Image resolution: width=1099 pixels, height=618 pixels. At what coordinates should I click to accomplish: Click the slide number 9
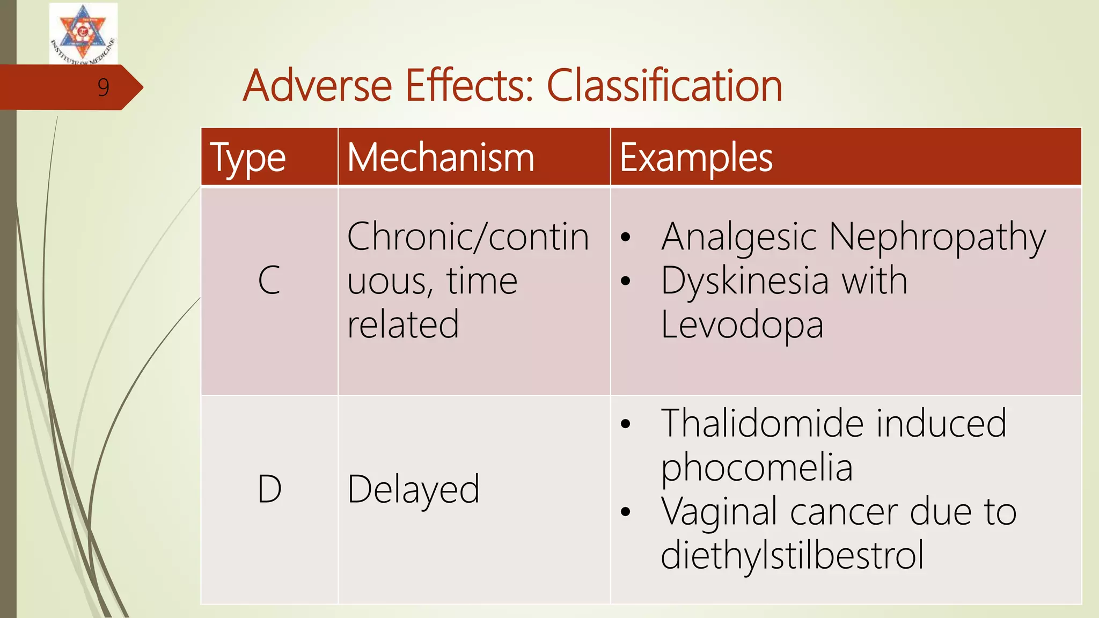104,87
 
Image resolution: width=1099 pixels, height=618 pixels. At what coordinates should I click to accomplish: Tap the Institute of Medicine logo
83,33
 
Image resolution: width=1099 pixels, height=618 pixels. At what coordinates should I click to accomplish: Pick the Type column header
247,158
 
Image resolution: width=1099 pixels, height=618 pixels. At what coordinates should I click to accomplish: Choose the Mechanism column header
441,158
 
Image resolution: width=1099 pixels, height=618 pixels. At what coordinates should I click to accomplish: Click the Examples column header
696,158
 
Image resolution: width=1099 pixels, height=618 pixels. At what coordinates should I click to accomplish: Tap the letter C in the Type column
269,280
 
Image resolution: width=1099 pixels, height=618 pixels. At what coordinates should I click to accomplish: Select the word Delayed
413,489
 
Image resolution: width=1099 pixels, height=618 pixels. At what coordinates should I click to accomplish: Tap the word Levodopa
742,325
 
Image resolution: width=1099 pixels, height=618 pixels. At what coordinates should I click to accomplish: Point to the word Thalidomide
763,423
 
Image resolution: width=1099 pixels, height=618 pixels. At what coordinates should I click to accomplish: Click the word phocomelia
757,467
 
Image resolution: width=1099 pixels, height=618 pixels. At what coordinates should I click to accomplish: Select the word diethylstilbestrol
792,555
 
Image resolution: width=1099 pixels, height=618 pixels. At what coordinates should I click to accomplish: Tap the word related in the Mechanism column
403,325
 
